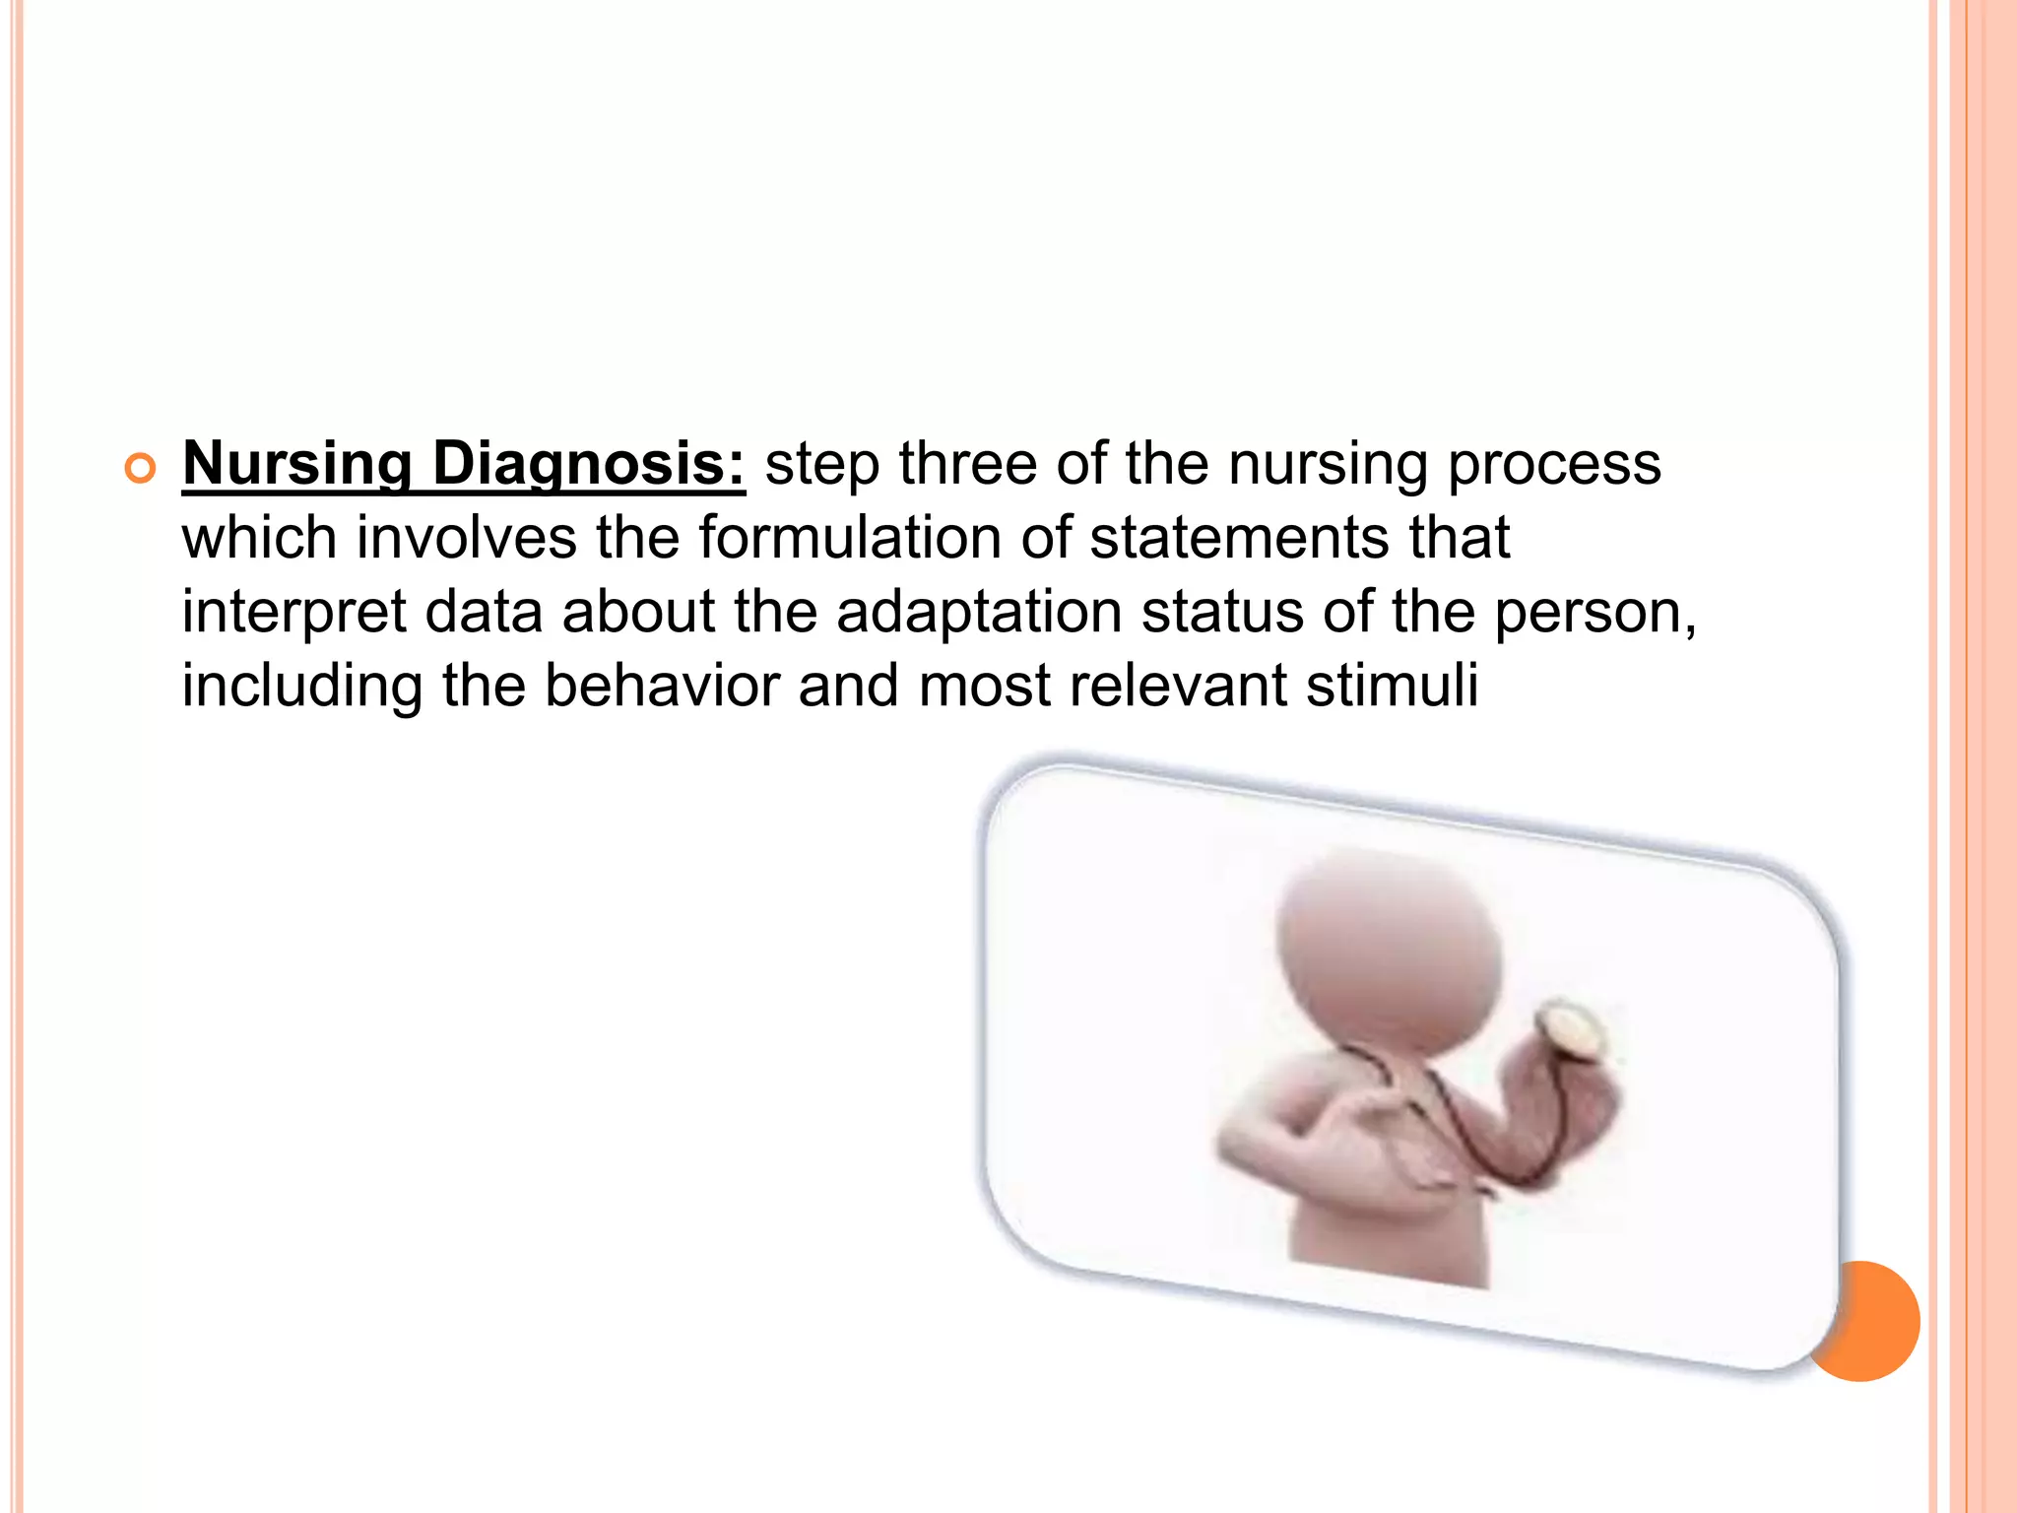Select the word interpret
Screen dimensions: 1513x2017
coord(293,613)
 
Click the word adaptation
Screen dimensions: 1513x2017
coord(979,613)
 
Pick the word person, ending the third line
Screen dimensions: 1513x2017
coord(1594,613)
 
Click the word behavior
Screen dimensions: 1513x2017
coord(661,686)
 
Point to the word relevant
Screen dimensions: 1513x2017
coord(1178,686)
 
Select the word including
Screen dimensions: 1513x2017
coord(301,688)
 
